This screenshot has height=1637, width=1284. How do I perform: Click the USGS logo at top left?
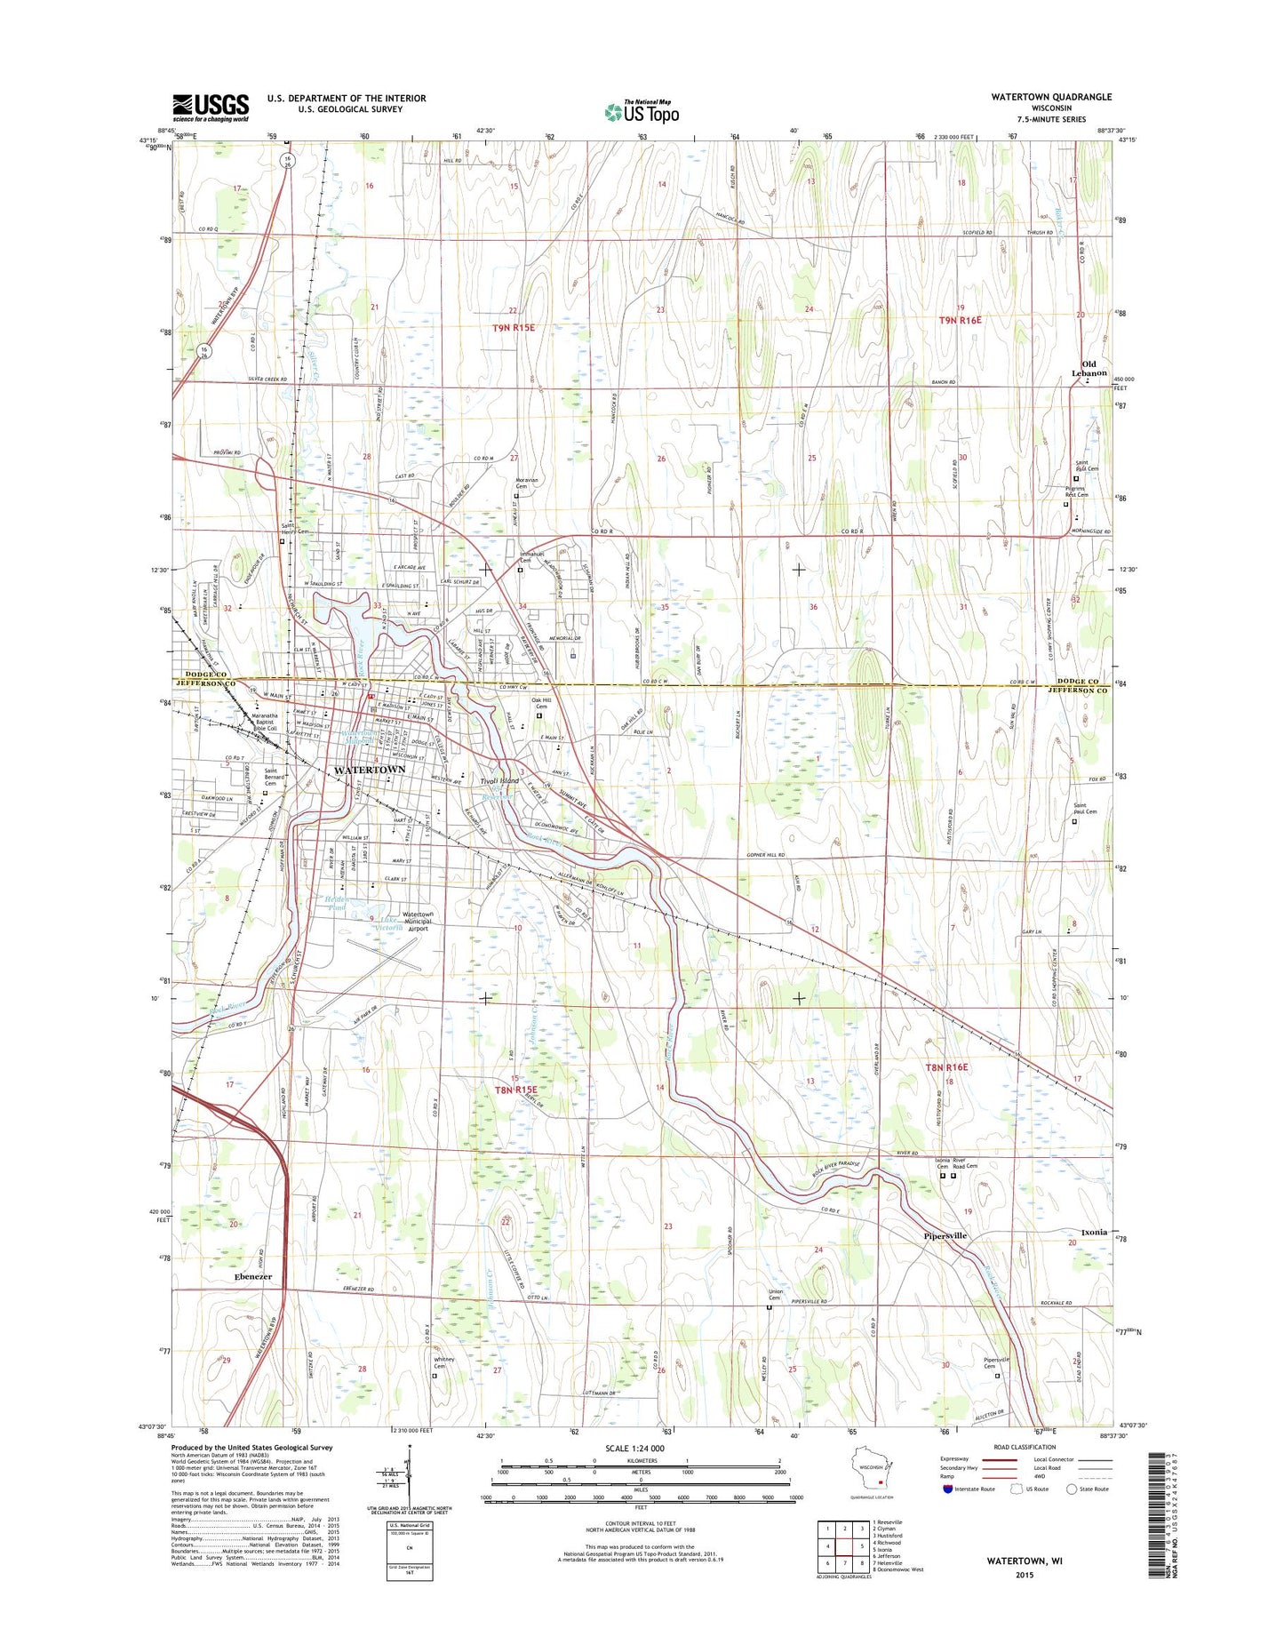pos(211,107)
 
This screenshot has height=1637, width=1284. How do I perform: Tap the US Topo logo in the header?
pos(642,111)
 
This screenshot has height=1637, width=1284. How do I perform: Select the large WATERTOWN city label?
pos(369,770)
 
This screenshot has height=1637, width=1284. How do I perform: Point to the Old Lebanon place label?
pos(1089,369)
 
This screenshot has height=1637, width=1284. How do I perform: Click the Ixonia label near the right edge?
pos(1093,1232)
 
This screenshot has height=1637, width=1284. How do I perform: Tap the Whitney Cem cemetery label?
pos(443,1362)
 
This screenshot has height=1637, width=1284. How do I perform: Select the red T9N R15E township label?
pos(514,328)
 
